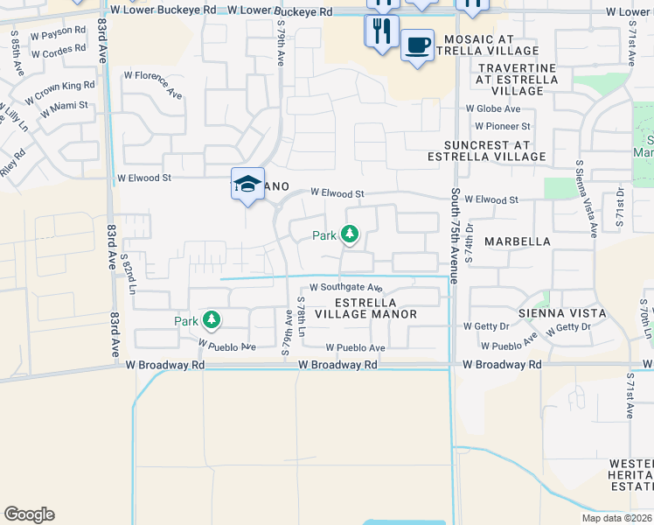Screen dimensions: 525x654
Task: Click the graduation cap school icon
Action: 247,184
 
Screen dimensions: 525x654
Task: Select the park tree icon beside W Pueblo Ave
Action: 211,319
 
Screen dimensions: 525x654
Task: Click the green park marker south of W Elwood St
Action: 349,234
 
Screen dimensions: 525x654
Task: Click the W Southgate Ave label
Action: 346,287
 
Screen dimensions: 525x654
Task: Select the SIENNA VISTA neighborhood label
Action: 562,312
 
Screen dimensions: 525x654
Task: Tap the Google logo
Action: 29,514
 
